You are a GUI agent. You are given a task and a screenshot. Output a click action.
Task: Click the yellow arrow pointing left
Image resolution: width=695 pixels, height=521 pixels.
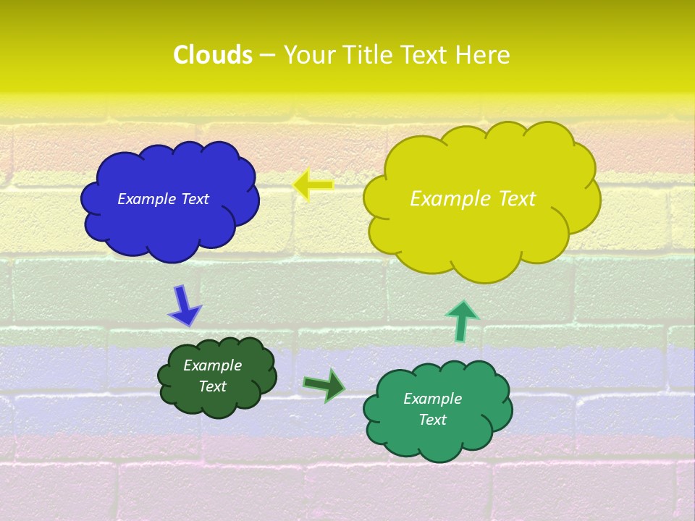[313, 185]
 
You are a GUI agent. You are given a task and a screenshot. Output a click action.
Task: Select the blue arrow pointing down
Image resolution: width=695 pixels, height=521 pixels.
[184, 306]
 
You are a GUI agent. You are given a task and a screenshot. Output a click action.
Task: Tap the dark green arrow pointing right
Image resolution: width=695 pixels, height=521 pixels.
[324, 385]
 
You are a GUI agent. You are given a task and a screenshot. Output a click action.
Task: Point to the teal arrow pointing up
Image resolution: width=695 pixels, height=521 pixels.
[461, 321]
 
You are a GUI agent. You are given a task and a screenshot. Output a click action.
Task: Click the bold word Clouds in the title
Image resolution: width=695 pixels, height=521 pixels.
[212, 55]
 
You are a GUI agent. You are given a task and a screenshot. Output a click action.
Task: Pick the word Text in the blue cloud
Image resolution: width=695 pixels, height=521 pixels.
[195, 199]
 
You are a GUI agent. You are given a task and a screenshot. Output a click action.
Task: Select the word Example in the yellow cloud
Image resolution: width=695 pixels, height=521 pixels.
[447, 199]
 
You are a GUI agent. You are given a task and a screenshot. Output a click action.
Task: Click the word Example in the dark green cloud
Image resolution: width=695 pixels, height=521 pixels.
[212, 365]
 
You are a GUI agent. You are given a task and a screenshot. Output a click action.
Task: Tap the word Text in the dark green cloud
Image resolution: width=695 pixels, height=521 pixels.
[212, 386]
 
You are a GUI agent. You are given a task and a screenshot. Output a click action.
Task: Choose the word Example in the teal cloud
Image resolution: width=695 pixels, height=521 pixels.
[432, 399]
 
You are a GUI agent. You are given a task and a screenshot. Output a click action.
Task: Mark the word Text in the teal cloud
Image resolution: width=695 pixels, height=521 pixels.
[432, 420]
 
